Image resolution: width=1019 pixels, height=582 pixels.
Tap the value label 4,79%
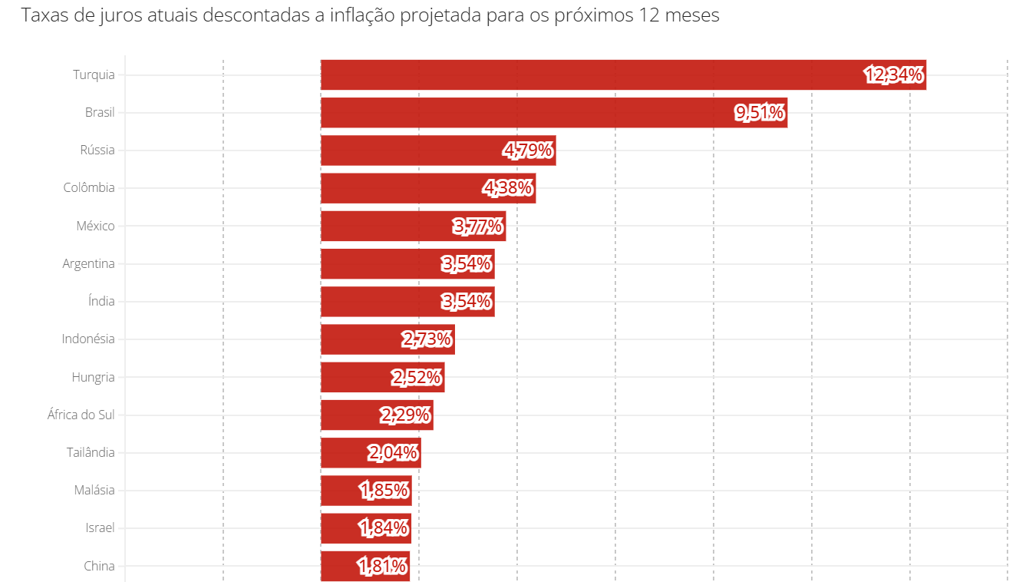(x=528, y=150)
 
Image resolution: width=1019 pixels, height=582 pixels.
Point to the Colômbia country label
(x=89, y=188)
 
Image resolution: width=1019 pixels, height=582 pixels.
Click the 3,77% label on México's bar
(x=478, y=226)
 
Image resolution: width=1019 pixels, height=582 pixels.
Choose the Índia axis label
(x=101, y=301)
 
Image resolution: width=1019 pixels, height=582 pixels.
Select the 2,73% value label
(x=427, y=339)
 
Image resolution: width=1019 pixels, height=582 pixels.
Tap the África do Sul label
(x=81, y=415)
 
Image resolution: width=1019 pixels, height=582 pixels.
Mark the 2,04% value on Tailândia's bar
(x=393, y=452)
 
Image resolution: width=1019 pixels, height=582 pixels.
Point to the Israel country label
(x=100, y=528)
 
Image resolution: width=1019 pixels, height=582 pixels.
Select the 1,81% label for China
(x=382, y=567)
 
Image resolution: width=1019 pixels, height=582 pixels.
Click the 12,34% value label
(x=894, y=74)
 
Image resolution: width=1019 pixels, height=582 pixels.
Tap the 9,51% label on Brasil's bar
(x=760, y=113)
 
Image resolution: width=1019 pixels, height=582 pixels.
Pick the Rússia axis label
(x=97, y=150)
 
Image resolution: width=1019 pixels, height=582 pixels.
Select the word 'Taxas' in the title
(x=44, y=15)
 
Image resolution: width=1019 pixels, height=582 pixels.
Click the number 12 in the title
(x=648, y=15)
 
